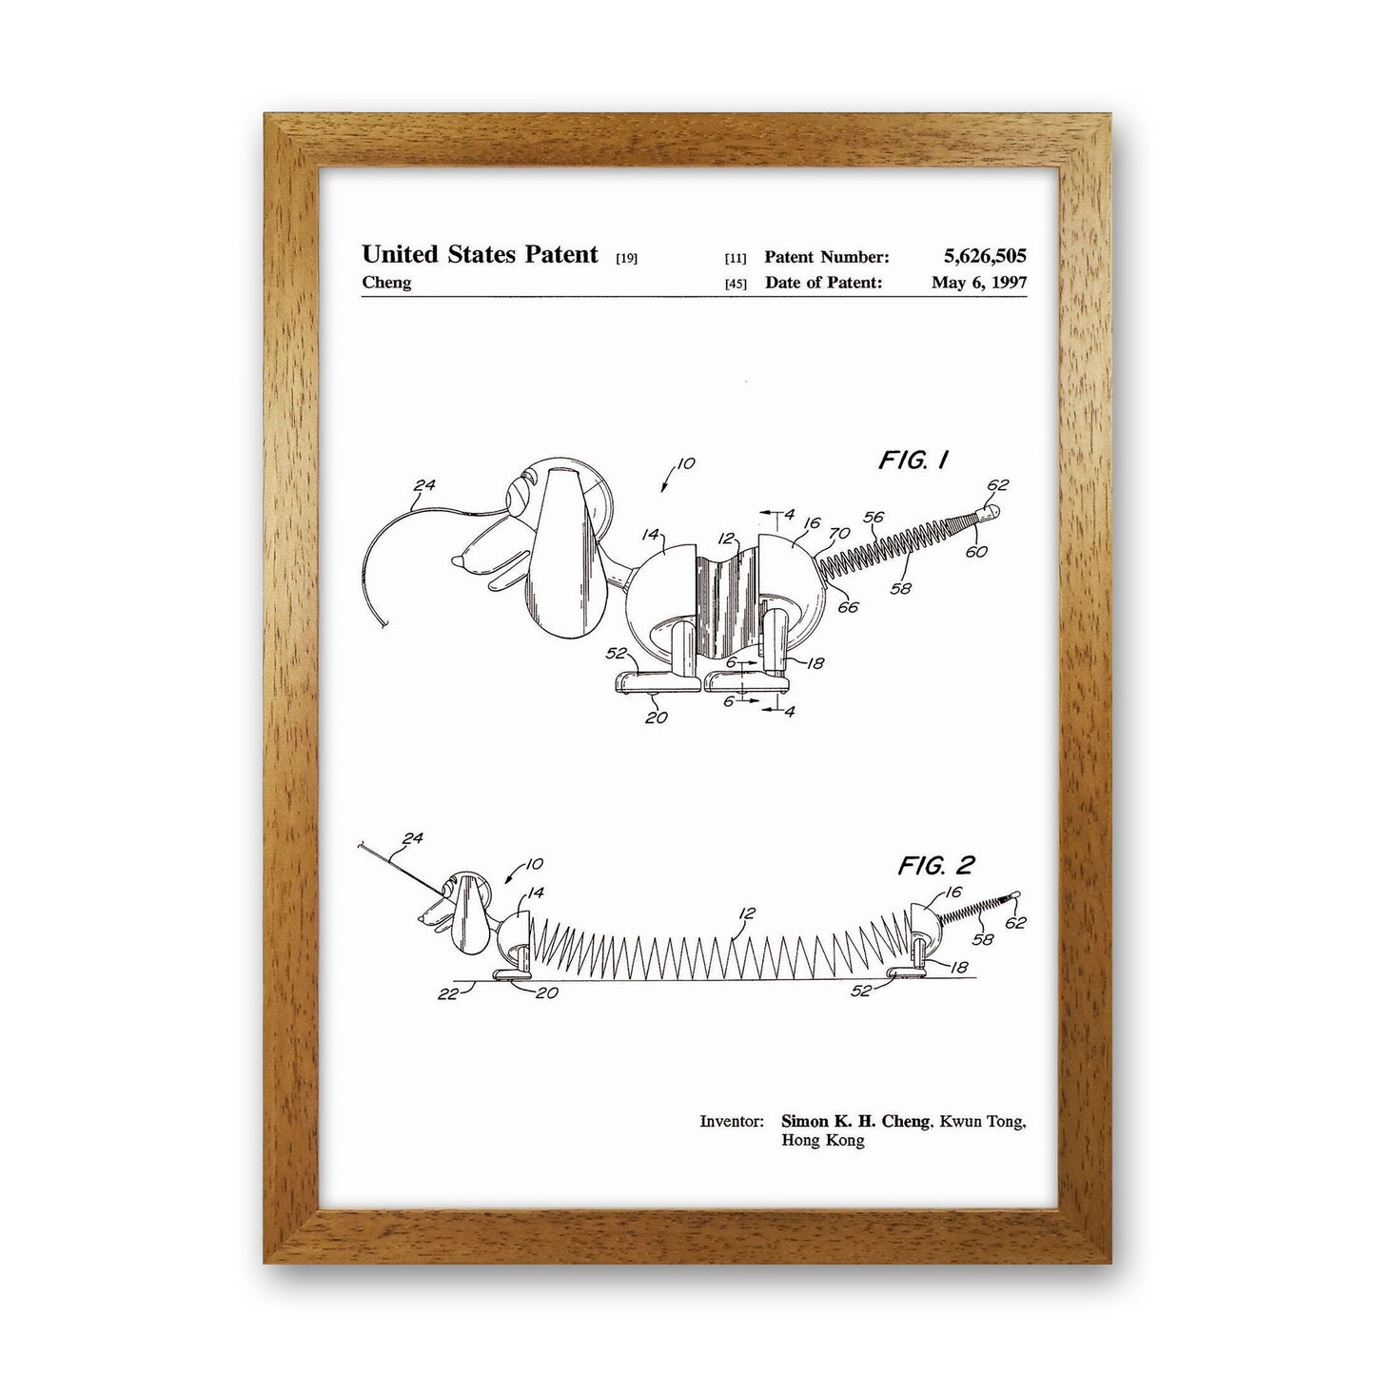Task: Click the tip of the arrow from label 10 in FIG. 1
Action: [x=663, y=491]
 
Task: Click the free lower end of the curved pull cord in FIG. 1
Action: [x=386, y=626]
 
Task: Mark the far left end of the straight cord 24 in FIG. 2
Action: [x=359, y=846]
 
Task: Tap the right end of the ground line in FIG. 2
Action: [x=976, y=977]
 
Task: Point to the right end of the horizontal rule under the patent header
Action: [x=1028, y=295]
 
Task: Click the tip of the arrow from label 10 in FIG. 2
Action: [x=505, y=883]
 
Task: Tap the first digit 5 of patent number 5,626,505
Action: [x=949, y=256]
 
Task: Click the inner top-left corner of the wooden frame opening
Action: [x=319, y=168]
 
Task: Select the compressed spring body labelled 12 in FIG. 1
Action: [x=727, y=605]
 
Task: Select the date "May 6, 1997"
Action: [x=979, y=283]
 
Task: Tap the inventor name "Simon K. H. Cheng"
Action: [x=855, y=1121]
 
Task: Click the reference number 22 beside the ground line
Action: [x=447, y=993]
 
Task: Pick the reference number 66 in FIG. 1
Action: [x=849, y=607]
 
